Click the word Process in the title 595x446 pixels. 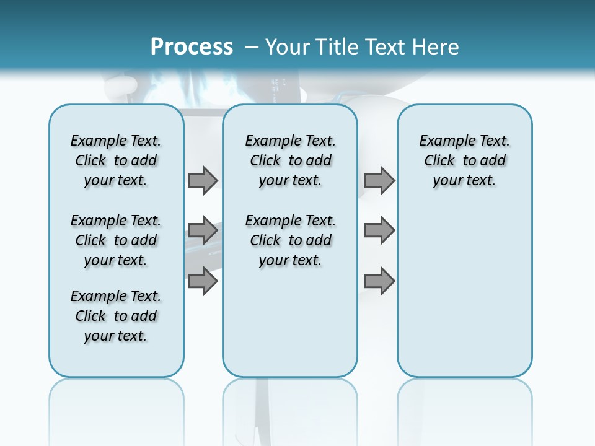[x=192, y=47]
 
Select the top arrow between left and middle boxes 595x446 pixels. [x=202, y=180]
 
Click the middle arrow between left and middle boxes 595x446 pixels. [x=202, y=230]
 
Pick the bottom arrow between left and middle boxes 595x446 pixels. [x=202, y=281]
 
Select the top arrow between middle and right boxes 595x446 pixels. [x=379, y=180]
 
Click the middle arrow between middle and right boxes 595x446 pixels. [x=379, y=230]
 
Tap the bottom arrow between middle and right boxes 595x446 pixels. [x=379, y=281]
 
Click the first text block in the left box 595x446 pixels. [x=116, y=160]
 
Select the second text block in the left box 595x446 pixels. [x=116, y=240]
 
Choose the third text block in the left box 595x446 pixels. [x=116, y=316]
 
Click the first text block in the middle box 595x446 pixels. [x=291, y=160]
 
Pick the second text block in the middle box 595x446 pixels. [x=291, y=240]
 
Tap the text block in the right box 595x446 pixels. [x=465, y=160]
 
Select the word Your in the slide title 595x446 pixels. [x=288, y=47]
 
